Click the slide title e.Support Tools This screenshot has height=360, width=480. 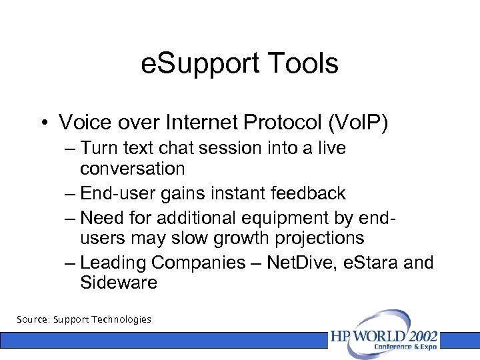(240, 64)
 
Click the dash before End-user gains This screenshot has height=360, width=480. (71, 193)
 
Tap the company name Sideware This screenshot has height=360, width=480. (118, 283)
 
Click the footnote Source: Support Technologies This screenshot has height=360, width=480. (84, 319)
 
